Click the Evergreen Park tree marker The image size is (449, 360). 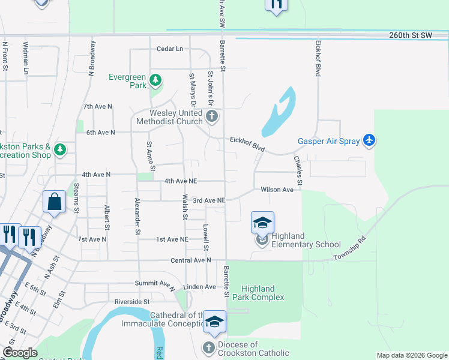(155, 80)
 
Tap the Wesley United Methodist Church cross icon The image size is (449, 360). (211, 116)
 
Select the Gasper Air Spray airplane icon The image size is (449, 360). (369, 141)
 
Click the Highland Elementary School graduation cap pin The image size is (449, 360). (262, 223)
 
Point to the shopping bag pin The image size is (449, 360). (54, 202)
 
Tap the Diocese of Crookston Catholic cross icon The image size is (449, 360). (208, 348)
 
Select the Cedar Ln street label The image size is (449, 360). (169, 49)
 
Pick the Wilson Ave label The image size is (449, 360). (277, 190)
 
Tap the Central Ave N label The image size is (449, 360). (191, 260)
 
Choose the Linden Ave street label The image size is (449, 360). (200, 287)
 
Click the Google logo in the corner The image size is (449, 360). (20, 353)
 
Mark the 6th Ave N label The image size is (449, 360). (99, 132)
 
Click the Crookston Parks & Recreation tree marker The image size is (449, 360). (59, 149)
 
